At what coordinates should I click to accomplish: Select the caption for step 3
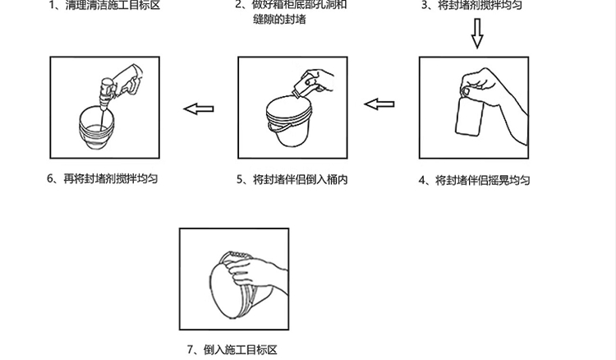click(x=474, y=6)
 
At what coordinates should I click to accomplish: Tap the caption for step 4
click(x=474, y=180)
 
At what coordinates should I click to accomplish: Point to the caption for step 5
click(x=291, y=178)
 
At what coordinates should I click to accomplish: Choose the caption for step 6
click(x=102, y=178)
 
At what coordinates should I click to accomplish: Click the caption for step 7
click(x=232, y=349)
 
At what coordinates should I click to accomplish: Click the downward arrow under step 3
click(x=477, y=34)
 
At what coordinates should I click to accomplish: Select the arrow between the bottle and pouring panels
click(x=379, y=104)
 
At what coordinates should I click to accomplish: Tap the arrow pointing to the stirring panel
click(x=198, y=107)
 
